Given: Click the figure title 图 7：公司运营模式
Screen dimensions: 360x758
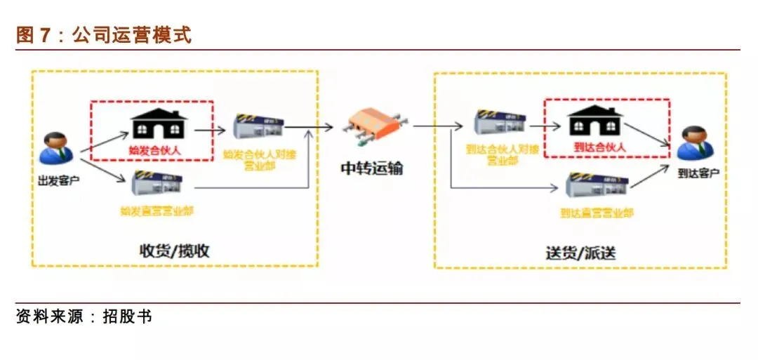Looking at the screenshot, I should pyautogui.click(x=104, y=35).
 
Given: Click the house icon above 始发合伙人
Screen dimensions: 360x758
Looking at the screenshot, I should pyautogui.click(x=160, y=124).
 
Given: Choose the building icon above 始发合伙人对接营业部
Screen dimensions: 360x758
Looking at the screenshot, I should pyautogui.click(x=258, y=127).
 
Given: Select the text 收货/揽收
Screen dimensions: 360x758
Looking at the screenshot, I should pyautogui.click(x=174, y=251).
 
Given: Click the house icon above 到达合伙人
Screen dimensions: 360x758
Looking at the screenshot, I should pyautogui.click(x=595, y=121).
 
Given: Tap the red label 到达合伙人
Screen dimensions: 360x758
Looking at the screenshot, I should pyautogui.click(x=599, y=147).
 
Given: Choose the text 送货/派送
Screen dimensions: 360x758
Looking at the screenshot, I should pyautogui.click(x=580, y=253).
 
